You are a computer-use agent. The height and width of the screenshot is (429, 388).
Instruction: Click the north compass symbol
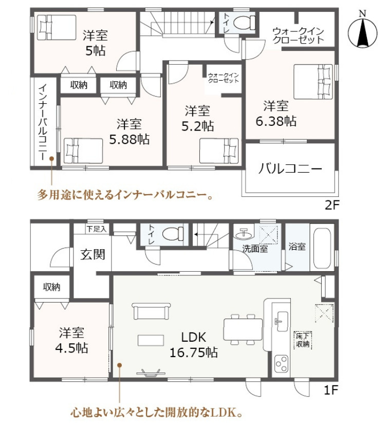coord(362,31)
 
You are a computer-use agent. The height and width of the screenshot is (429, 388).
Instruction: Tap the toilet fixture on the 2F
coord(245,22)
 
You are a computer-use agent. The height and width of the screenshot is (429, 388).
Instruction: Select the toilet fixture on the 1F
coord(173,234)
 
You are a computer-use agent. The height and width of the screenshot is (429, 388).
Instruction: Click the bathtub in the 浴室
coord(322,248)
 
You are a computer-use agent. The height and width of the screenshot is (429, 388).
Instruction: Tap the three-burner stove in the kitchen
coord(281,363)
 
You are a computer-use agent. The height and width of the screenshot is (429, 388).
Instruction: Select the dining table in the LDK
coord(243,329)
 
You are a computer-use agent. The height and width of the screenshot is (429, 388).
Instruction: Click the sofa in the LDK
coord(151,311)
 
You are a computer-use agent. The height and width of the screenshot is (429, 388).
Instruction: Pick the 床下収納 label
coord(303,340)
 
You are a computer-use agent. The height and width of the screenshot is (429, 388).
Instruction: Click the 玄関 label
coord(93,254)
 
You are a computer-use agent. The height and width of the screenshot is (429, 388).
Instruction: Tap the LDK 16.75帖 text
coord(194,345)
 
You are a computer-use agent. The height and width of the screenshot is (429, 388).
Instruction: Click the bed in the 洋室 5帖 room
coord(57,27)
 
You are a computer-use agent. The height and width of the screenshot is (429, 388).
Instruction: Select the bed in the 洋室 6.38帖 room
coord(313,82)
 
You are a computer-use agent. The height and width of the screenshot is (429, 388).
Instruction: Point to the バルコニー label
coord(290,169)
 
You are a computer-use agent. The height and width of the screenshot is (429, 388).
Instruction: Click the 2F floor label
coord(332,205)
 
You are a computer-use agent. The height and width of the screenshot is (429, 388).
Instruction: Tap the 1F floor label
coord(331,390)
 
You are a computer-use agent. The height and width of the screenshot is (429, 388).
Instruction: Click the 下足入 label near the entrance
coord(96,229)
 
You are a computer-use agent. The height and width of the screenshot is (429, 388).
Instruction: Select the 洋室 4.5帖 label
coord(71,341)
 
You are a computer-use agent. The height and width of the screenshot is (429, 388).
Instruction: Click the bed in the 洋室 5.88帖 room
coord(83,151)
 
